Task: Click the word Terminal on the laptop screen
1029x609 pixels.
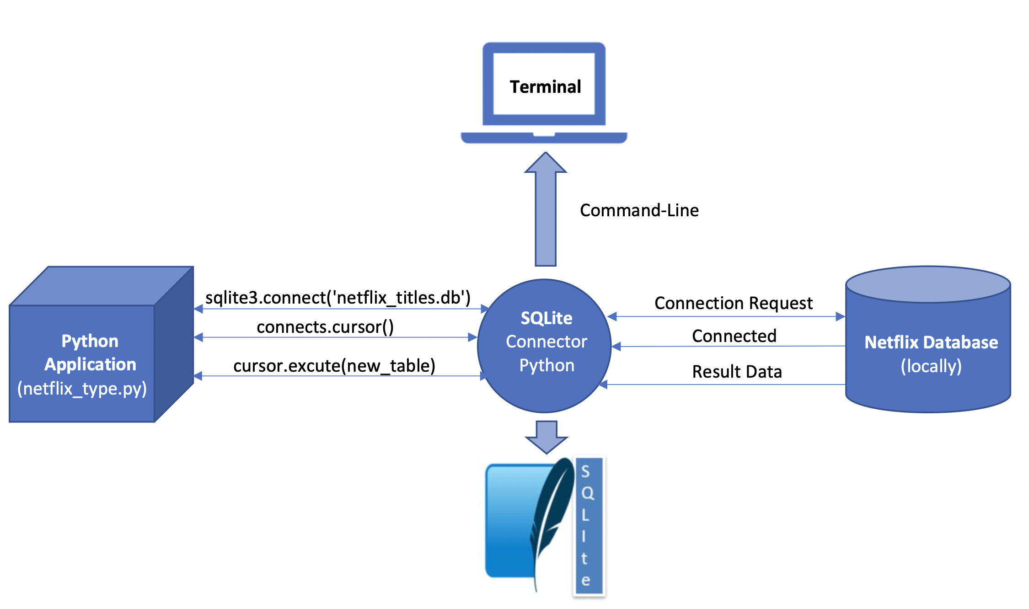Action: pyautogui.click(x=545, y=87)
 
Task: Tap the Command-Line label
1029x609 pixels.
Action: pyautogui.click(x=639, y=210)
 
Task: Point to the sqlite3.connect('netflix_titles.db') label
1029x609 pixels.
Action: pyautogui.click(x=338, y=298)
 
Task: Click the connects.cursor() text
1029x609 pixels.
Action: pyautogui.click(x=325, y=327)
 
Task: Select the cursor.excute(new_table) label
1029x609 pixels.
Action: pyautogui.click(x=334, y=366)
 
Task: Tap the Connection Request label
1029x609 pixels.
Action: pyautogui.click(x=733, y=303)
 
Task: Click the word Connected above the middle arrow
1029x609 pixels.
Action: pyautogui.click(x=734, y=336)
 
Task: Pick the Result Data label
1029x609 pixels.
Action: pyautogui.click(x=736, y=372)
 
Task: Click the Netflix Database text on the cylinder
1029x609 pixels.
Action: pyautogui.click(x=931, y=342)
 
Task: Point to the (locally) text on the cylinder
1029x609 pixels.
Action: pyautogui.click(x=931, y=366)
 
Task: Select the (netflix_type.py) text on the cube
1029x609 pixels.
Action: pyautogui.click(x=82, y=389)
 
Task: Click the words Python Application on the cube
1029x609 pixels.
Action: pyautogui.click(x=90, y=353)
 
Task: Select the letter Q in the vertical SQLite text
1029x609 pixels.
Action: pyautogui.click(x=587, y=493)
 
